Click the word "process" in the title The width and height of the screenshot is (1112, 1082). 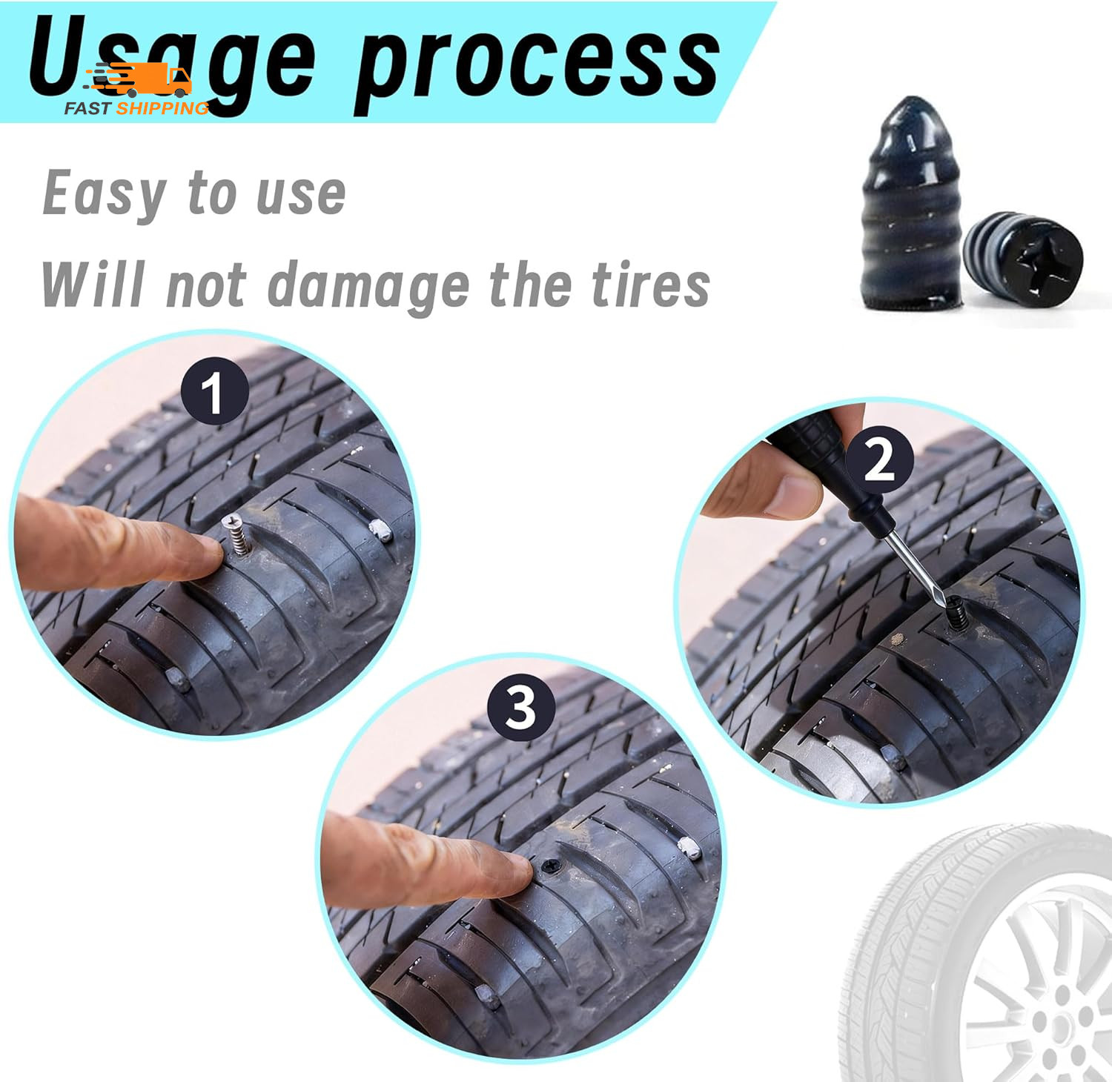point(537,65)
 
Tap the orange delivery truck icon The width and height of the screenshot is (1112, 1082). point(148,80)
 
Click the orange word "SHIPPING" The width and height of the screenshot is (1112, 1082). point(163,108)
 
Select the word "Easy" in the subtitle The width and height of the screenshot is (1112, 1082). point(104,194)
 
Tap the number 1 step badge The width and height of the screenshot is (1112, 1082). point(214,391)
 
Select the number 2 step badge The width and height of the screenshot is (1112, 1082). point(879,459)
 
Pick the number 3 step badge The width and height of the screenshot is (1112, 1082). point(520,707)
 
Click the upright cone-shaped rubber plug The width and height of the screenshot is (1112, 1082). point(911,208)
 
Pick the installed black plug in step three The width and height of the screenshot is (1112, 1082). point(550,866)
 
